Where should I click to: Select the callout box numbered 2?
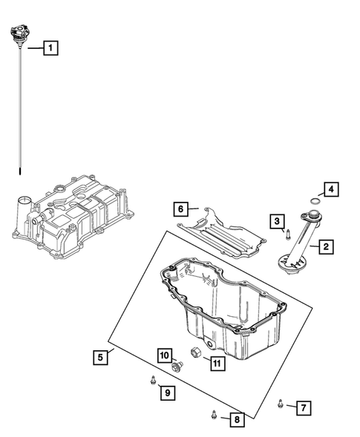[325, 246]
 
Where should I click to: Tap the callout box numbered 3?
[276, 220]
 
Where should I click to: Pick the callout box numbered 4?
[331, 189]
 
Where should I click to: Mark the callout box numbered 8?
[235, 421]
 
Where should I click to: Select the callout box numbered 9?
[168, 392]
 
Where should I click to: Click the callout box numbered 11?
[216, 363]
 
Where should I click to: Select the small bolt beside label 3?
[286, 235]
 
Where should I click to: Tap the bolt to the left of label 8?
[214, 416]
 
